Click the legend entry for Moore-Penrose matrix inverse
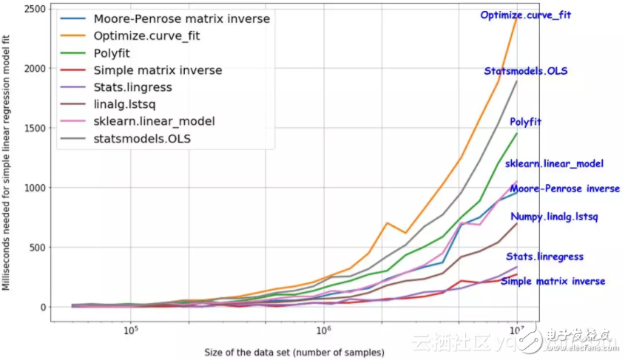coord(181,18)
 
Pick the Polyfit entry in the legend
coord(112,53)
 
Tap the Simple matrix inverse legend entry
coord(158,70)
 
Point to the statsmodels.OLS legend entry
coord(144,138)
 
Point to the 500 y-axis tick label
coord(39,248)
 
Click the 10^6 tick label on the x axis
coord(323,330)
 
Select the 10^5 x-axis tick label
coord(131,330)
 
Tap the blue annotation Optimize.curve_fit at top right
coord(526,15)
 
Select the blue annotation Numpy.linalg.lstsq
coord(554,217)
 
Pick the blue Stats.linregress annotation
coord(544,257)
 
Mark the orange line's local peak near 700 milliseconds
coord(387,223)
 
